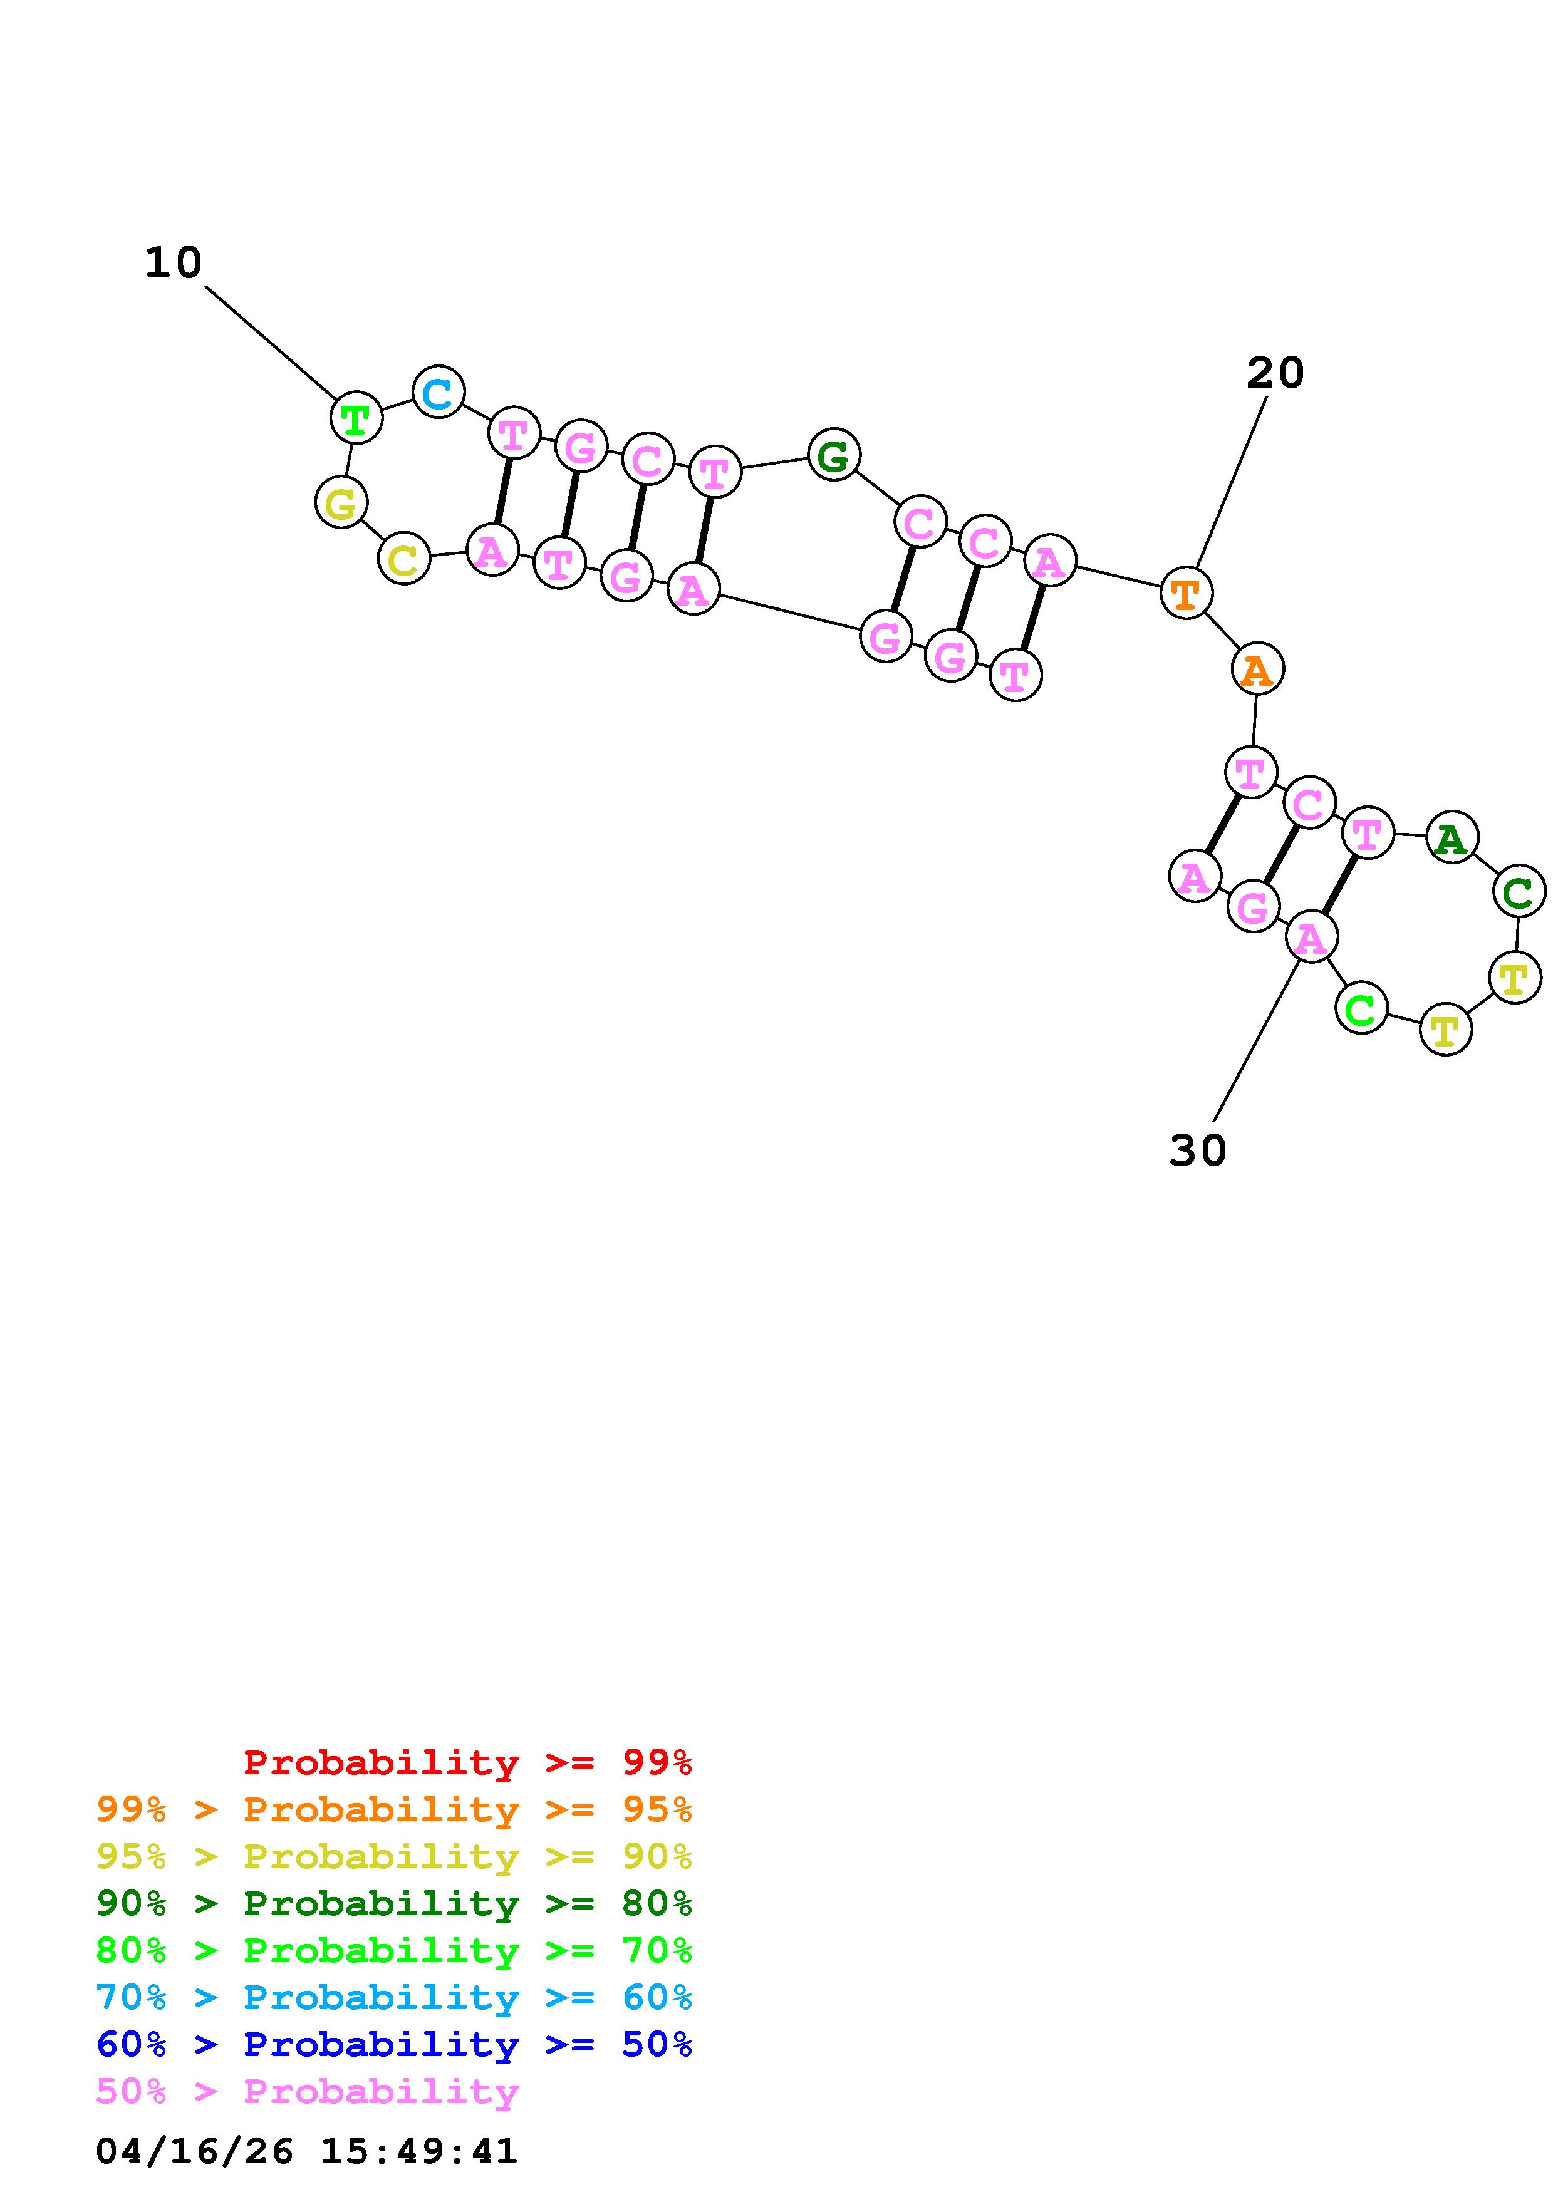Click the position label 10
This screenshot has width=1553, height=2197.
pyautogui.click(x=173, y=263)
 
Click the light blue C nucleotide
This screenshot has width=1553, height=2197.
pyautogui.click(x=439, y=392)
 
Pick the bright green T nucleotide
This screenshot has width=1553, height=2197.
pyautogui.click(x=356, y=418)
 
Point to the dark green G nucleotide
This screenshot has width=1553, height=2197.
pyautogui.click(x=833, y=455)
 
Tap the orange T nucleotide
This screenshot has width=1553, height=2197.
pyautogui.click(x=1185, y=592)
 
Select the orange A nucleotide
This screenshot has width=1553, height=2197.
pyautogui.click(x=1257, y=669)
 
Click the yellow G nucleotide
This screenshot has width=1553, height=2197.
pyautogui.click(x=341, y=502)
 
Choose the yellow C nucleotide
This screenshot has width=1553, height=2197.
pyautogui.click(x=404, y=559)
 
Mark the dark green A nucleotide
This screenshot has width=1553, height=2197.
pyautogui.click(x=1452, y=837)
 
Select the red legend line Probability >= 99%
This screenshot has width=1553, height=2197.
pyautogui.click(x=468, y=1762)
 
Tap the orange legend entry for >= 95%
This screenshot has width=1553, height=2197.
pyautogui.click(x=394, y=1809)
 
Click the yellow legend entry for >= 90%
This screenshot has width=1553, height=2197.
pyautogui.click(x=394, y=1856)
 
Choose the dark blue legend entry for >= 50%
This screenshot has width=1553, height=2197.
pyautogui.click(x=394, y=2044)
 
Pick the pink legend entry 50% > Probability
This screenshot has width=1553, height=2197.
pyautogui.click(x=307, y=2091)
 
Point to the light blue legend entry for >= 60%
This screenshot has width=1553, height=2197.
pyautogui.click(x=394, y=1997)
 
